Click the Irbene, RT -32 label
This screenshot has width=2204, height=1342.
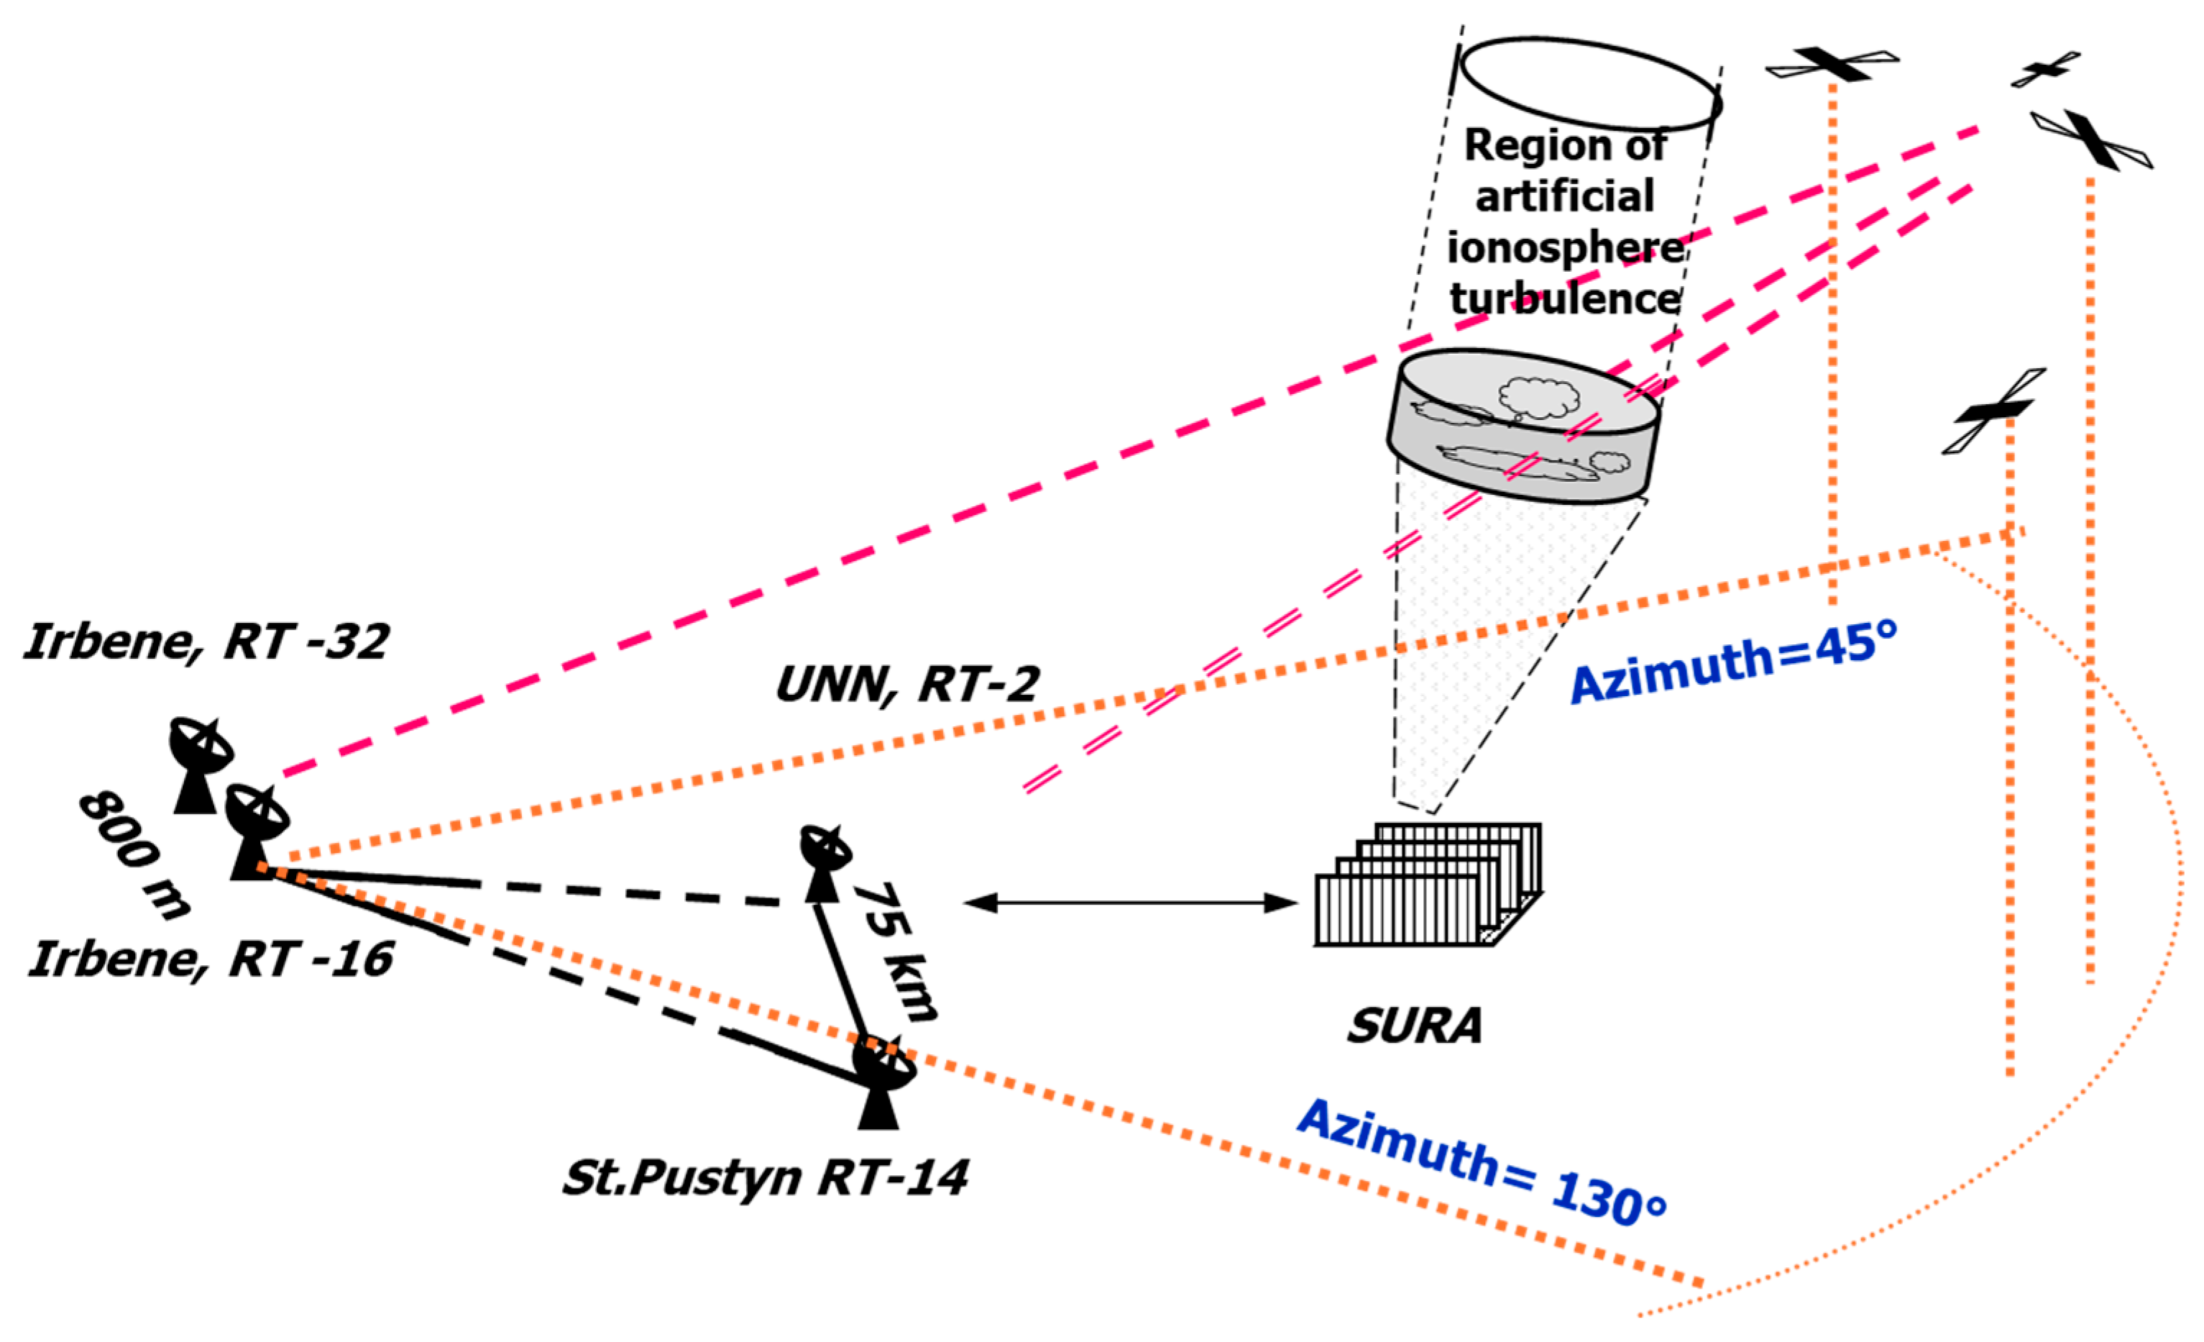[x=206, y=642]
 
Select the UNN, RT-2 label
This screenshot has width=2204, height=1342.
[x=906, y=685]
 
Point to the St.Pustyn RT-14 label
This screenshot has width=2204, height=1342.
[x=765, y=1177]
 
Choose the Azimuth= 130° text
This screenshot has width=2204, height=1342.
[x=1480, y=1164]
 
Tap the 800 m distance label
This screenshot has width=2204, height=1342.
[x=134, y=854]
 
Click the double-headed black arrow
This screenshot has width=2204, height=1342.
[x=1131, y=903]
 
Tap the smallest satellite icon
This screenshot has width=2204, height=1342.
[x=2045, y=69]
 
